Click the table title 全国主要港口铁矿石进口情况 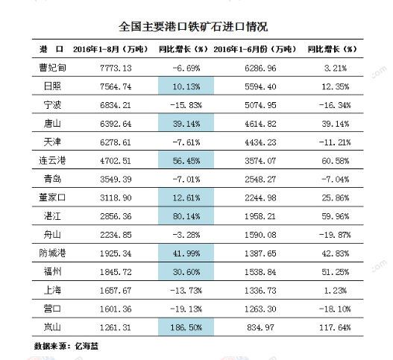[x=193, y=27]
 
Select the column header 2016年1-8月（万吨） [x=110, y=49]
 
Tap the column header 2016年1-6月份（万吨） [x=255, y=49]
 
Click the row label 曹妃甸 [x=52, y=68]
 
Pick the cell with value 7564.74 [x=116, y=86]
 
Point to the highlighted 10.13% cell [x=186, y=86]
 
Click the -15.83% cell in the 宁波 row [x=186, y=105]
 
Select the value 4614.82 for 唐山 [x=261, y=124]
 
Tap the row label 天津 [x=52, y=142]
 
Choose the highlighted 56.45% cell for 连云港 [x=186, y=160]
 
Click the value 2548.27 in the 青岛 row [x=261, y=179]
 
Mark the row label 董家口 [x=52, y=198]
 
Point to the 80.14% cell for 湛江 [x=186, y=216]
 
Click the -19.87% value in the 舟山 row [x=335, y=235]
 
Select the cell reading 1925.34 [x=116, y=253]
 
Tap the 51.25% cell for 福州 [x=336, y=272]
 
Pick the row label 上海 [x=52, y=290]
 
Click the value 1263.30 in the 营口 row [x=261, y=309]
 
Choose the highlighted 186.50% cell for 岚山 [x=186, y=327]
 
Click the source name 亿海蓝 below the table [x=87, y=346]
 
